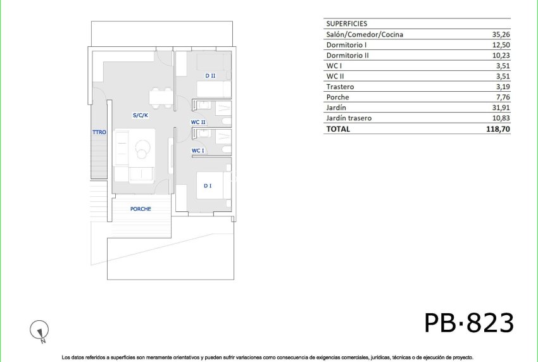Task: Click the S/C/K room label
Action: [x=140, y=115]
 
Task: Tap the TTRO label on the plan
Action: [x=99, y=132]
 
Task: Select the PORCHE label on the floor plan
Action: [x=141, y=209]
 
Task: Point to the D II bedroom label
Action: [x=210, y=76]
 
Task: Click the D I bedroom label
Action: [x=207, y=185]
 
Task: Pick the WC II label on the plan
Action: [x=198, y=122]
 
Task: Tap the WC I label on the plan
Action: [x=198, y=151]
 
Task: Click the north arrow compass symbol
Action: [x=40, y=330]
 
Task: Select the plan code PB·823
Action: [x=468, y=323]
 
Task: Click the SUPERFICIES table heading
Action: [x=346, y=23]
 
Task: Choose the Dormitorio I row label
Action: [x=346, y=45]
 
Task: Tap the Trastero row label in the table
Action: [x=340, y=87]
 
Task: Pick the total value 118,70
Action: [x=497, y=128]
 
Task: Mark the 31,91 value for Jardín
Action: [x=500, y=108]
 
